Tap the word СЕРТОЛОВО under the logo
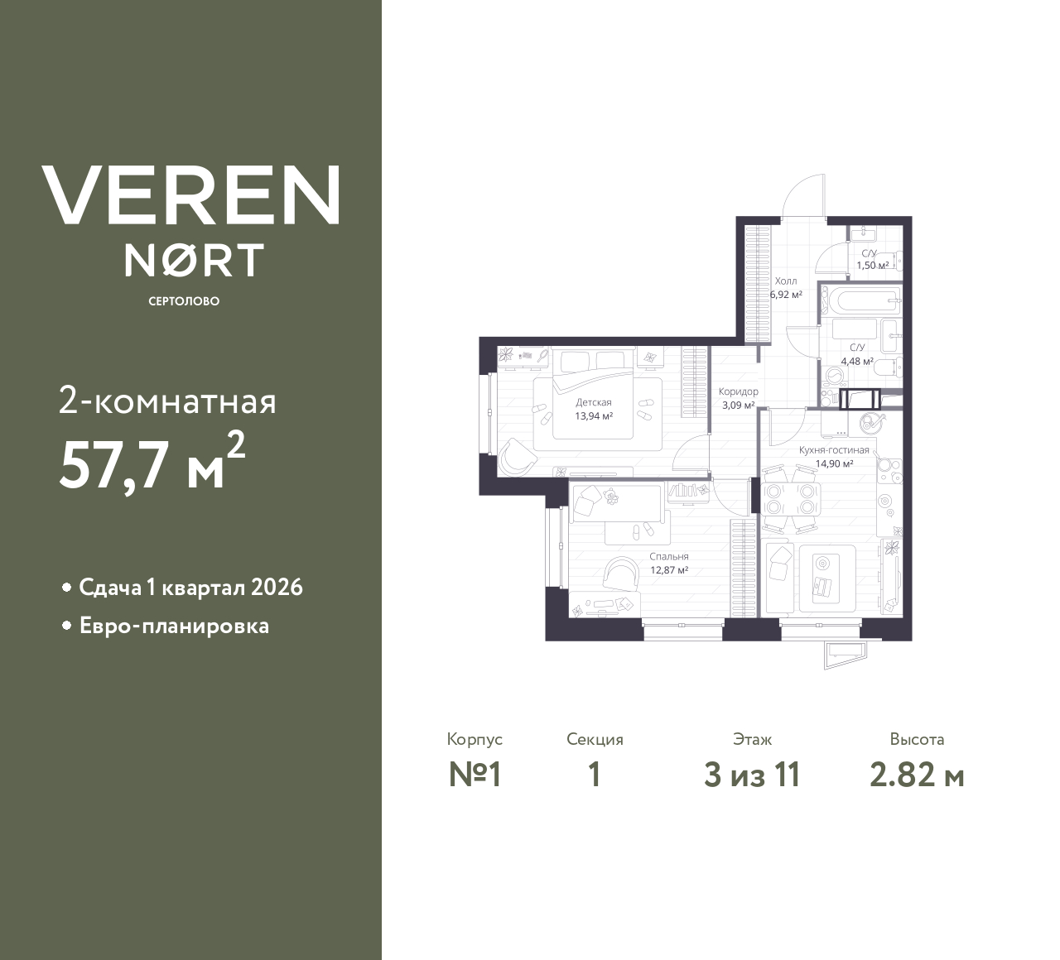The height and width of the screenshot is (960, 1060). pos(184,301)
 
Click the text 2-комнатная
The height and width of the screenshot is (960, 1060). pos(167,401)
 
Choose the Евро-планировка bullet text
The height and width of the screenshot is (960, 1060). pos(174,626)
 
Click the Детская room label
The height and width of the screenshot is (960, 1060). pos(594,402)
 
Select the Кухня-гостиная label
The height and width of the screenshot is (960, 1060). pos(834,450)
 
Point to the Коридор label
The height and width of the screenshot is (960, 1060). pos(738,391)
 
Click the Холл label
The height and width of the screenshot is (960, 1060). pos(786,281)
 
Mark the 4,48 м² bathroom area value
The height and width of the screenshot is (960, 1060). pos(857,362)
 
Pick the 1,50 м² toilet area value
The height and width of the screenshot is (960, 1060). pos(872,266)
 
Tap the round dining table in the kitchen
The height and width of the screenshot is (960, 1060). pos(789,498)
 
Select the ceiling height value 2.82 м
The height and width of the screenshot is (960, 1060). pos(917,775)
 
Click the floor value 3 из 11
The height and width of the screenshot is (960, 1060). pos(752,775)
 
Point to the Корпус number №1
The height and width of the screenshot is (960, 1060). pos(475,775)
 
